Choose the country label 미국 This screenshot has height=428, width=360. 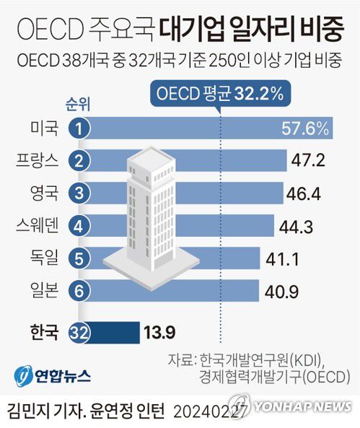(x=44, y=129)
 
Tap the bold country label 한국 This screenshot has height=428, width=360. (x=44, y=333)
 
